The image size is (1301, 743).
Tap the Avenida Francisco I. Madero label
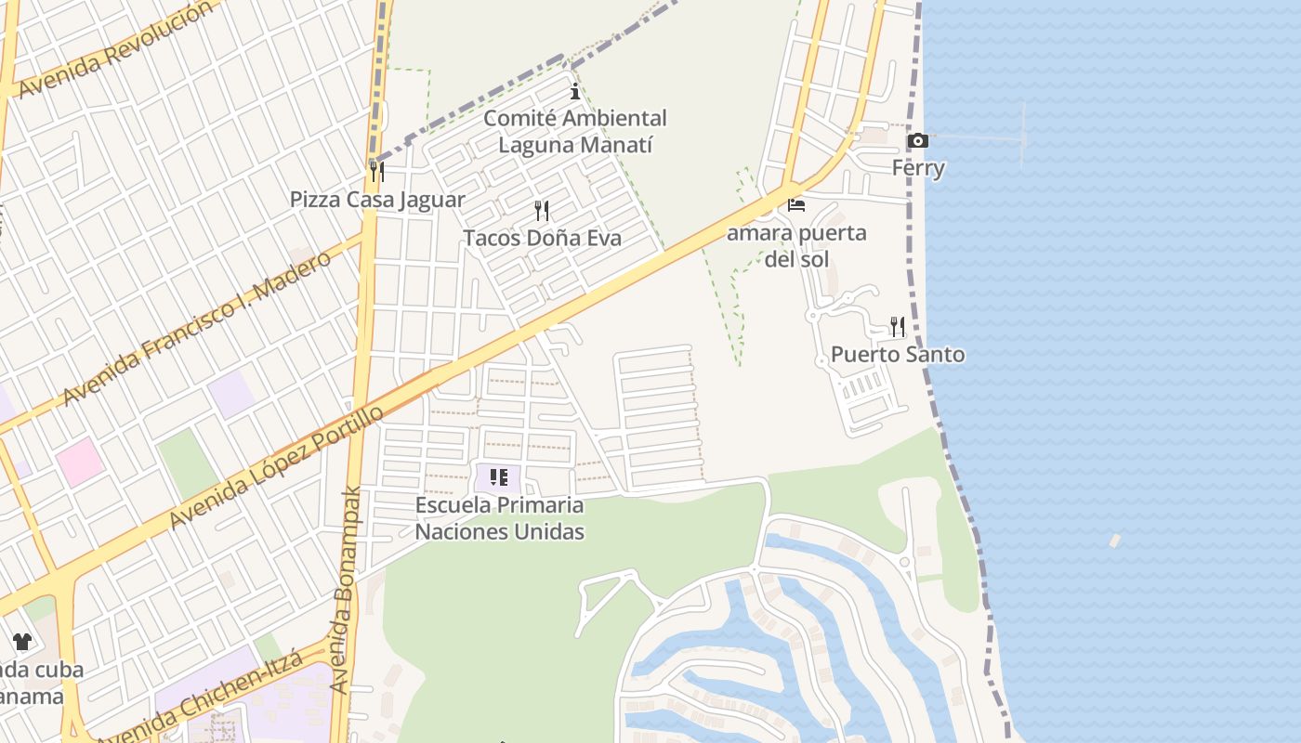(196, 328)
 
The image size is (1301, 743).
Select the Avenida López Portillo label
(276, 467)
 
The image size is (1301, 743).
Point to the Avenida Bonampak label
(345, 590)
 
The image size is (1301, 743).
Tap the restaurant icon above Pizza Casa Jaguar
(376, 172)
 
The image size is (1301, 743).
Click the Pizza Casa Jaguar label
(377, 200)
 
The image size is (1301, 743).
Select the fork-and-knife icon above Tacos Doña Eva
(542, 211)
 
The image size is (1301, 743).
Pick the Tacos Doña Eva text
(542, 238)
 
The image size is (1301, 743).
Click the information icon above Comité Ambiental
(575, 91)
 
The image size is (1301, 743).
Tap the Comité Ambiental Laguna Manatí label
(575, 132)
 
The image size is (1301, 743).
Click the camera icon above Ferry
(917, 141)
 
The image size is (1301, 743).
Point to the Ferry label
(918, 168)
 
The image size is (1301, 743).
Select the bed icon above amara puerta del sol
(796, 205)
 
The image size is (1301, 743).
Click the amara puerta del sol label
(796, 245)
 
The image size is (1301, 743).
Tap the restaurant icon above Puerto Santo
(898, 326)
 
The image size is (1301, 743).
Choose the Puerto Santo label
(898, 354)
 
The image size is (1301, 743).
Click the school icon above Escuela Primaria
(499, 478)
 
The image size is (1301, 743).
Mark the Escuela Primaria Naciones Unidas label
(499, 518)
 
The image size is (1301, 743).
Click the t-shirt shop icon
(22, 642)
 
